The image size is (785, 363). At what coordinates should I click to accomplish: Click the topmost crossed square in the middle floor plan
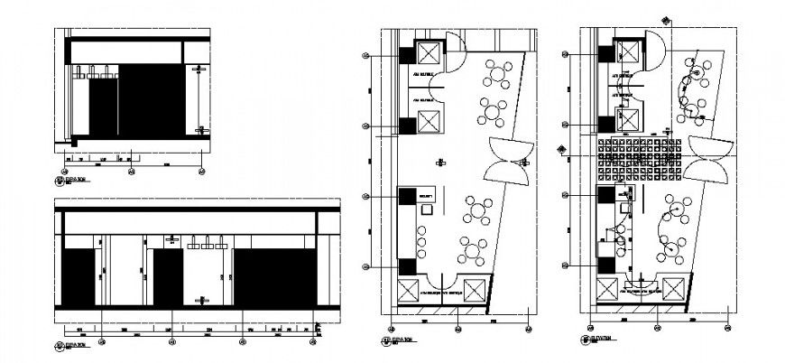pos(428,51)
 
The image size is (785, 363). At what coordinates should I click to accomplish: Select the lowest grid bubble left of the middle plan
pos(365,266)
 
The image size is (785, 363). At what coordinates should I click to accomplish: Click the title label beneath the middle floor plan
pos(396,340)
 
